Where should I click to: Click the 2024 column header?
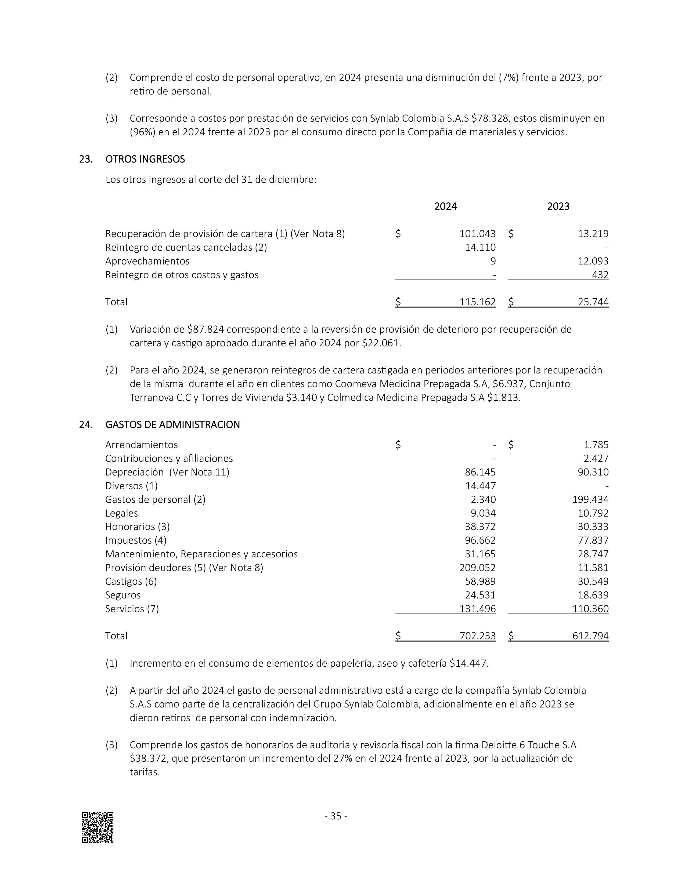[445, 206]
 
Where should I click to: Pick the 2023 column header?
[558, 206]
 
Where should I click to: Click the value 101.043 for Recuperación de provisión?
[477, 234]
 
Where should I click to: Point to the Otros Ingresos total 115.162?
[477, 302]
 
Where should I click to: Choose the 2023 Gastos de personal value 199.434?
[590, 499]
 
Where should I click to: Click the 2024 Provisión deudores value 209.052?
[477, 568]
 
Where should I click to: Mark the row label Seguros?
[123, 595]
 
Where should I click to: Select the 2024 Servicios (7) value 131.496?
[477, 608]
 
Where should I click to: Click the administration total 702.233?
[477, 636]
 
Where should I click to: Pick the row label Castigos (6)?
[131, 581]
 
